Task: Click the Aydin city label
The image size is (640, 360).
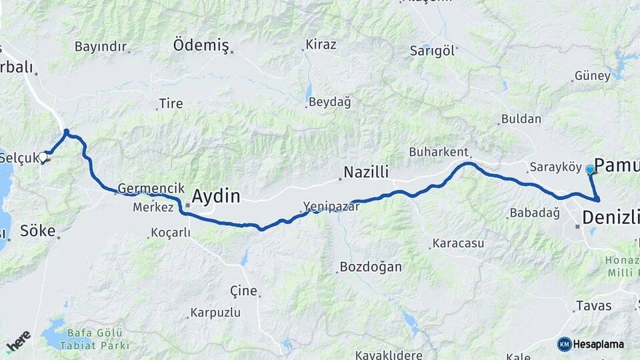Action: click(215, 196)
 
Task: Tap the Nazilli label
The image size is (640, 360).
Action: click(365, 173)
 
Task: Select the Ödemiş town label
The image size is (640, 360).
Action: click(201, 45)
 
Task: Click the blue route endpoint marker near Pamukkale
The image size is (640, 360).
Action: click(590, 169)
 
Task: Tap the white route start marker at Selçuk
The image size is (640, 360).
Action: click(43, 157)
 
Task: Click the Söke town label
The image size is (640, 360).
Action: click(37, 231)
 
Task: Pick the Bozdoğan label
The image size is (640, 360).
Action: click(371, 267)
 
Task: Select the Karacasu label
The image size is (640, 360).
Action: click(458, 243)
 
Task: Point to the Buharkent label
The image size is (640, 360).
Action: click(439, 151)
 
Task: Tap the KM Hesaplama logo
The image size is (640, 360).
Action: click(591, 344)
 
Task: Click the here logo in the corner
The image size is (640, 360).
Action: click(18, 341)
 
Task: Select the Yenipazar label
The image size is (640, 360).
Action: click(331, 206)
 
